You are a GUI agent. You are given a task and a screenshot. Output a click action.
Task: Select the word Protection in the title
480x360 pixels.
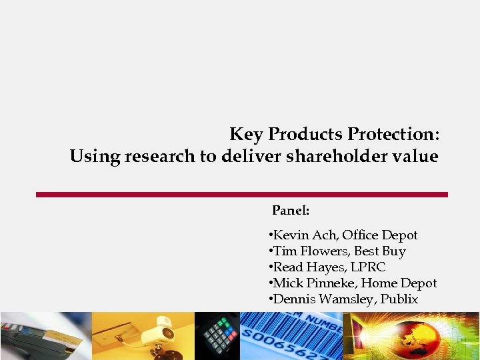coord(393,135)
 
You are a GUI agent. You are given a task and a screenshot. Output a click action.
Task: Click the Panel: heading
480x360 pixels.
coord(291,211)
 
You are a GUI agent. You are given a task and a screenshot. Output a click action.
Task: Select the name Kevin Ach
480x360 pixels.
coord(303,235)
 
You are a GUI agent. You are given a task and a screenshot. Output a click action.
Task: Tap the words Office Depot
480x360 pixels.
coord(380,235)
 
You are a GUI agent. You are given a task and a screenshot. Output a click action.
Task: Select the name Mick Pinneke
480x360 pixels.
coord(311,283)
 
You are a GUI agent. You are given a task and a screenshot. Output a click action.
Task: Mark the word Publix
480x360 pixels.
coord(399,299)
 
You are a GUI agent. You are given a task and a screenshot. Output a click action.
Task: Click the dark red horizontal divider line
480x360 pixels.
coord(241,195)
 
